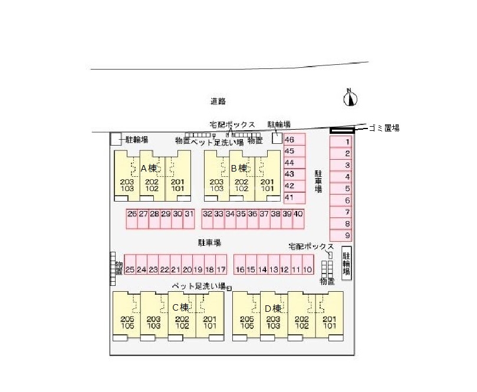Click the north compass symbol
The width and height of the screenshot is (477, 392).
point(351,98)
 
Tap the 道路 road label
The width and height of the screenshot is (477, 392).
point(218,101)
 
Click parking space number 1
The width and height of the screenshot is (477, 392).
point(347,141)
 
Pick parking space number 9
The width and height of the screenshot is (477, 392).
point(347,235)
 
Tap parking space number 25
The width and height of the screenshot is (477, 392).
point(130,269)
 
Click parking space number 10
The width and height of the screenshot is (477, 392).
point(307,269)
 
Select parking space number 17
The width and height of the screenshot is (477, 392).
point(221,269)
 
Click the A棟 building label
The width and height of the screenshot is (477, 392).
point(149,168)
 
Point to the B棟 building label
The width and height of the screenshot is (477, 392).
point(239,168)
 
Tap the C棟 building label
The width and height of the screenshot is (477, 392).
point(180,307)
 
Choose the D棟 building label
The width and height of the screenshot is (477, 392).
point(272,307)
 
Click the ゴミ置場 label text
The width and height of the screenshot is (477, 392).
point(384,127)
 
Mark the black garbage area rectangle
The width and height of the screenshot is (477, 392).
point(342,130)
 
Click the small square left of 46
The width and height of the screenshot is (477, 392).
point(277,138)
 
